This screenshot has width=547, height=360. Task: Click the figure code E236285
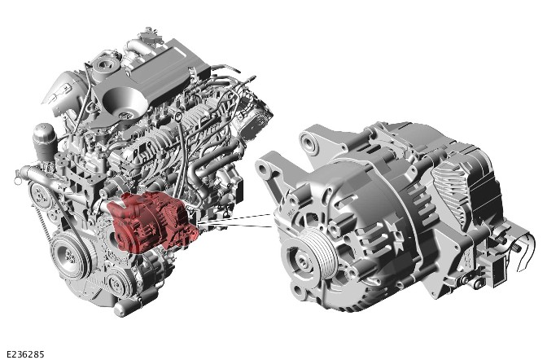(25, 354)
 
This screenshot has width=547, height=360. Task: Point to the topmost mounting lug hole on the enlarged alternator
(309, 143)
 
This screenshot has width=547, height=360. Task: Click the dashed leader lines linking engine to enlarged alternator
(234, 221)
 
